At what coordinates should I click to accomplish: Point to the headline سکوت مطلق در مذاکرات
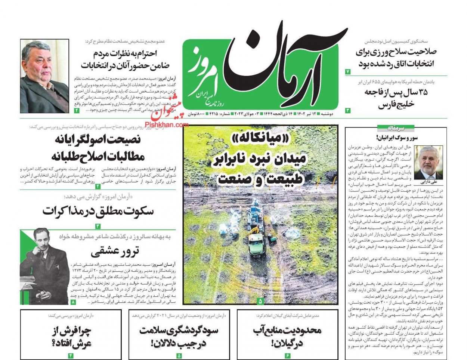pyautogui.click(x=98, y=211)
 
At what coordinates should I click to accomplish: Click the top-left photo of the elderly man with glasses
pyautogui.click(x=44, y=76)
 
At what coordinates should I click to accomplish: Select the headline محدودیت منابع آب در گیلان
pyautogui.click(x=287, y=336)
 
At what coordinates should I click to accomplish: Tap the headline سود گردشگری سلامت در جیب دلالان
pyautogui.click(x=179, y=336)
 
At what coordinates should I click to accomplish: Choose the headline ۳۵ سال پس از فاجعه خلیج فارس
pyautogui.click(x=397, y=98)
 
